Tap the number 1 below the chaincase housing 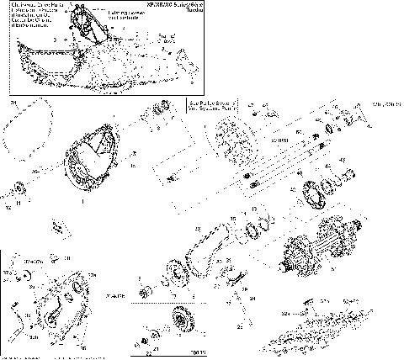tap(82, 203)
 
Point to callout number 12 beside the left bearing tap(8, 205)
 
